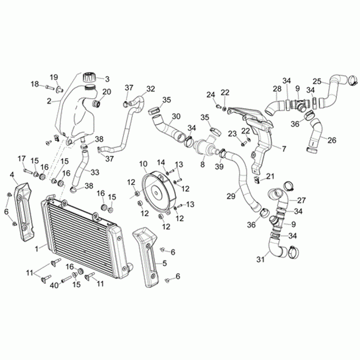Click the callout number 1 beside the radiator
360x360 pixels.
(37, 248)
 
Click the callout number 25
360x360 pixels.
(317, 81)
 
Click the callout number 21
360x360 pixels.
(271, 176)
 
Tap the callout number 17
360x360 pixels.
(22, 158)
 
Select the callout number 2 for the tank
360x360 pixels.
(49, 101)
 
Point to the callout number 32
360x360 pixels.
(150, 88)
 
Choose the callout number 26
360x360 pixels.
(332, 140)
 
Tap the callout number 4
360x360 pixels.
(12, 175)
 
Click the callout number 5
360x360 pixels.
(165, 263)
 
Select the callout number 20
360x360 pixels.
(106, 92)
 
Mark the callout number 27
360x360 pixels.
(301, 200)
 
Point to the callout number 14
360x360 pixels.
(161, 162)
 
